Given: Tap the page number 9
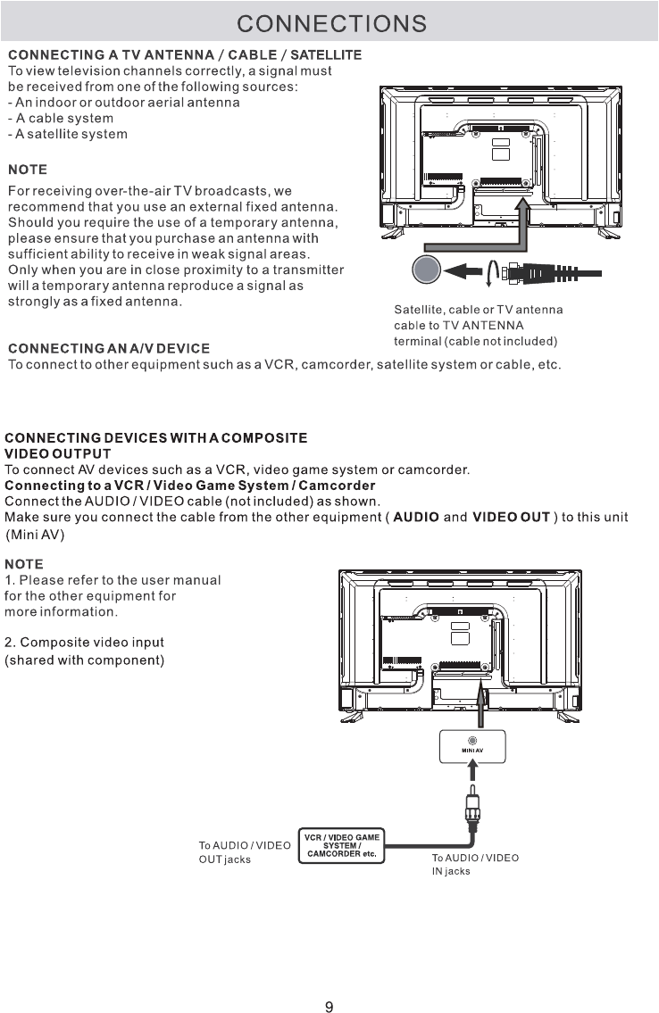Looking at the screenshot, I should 329,983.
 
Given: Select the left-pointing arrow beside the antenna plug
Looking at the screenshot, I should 467,270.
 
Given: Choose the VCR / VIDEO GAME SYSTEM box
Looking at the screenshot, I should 342,846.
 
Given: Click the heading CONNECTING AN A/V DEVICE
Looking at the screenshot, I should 109,347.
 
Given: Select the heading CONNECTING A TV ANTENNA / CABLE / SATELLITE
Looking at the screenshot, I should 185,55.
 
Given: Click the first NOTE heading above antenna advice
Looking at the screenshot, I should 27,170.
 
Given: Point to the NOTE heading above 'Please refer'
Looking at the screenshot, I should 24,564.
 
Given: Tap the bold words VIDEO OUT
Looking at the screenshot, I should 511,518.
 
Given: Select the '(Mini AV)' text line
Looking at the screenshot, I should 36,535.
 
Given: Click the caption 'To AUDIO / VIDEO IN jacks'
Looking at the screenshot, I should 474,864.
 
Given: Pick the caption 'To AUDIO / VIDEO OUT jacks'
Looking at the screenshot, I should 243,852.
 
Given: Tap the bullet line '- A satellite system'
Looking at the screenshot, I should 68,134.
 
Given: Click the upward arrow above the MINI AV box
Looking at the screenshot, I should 485,701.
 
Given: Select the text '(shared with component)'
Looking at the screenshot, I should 84,660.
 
